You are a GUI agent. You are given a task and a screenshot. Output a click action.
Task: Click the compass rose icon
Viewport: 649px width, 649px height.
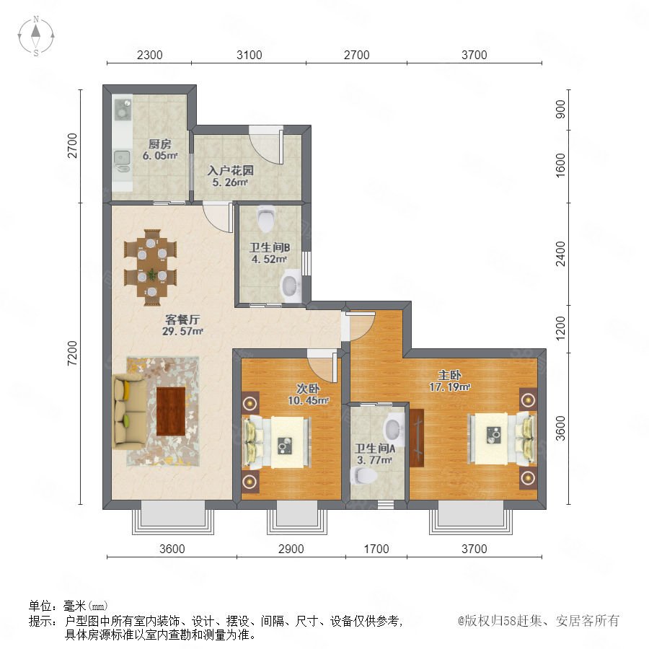(36, 36)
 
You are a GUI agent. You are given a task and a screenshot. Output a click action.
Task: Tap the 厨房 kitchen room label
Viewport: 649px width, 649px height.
(160, 144)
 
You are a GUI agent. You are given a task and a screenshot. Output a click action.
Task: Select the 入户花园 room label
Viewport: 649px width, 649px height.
(230, 170)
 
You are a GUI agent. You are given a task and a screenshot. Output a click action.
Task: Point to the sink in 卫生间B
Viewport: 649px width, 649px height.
(291, 284)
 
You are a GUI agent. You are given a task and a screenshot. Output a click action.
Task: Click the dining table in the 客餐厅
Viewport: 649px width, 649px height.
(151, 267)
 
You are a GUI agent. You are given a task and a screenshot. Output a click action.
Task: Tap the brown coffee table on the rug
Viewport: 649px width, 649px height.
(171, 411)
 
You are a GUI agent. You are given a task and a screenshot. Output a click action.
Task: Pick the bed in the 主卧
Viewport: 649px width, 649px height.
(502, 438)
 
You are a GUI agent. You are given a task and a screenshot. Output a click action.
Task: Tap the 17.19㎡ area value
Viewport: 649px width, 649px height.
(450, 387)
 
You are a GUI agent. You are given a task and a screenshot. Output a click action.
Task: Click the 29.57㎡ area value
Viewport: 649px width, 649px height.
(182, 331)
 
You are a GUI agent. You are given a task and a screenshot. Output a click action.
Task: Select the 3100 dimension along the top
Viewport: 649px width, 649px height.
(250, 55)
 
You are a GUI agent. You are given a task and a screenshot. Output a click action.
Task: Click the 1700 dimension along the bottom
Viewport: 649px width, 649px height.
(376, 549)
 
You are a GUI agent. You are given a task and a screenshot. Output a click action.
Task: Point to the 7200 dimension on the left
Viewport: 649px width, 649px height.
(72, 353)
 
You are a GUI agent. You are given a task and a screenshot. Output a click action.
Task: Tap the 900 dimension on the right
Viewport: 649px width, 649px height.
(560, 109)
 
